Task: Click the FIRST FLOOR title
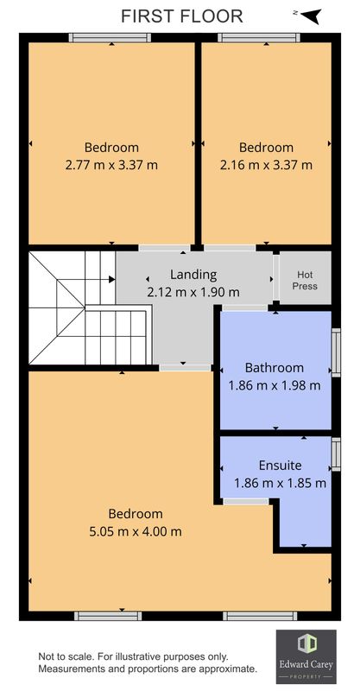pos(181,16)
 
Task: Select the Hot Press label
pos(305,280)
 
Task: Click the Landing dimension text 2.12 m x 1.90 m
pos(193,292)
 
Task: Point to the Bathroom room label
pos(275,368)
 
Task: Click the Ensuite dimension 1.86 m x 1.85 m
pos(281,483)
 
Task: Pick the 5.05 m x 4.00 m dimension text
pos(136,531)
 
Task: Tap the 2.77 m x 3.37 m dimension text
pos(111,165)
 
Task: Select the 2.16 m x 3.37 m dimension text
pos(266,165)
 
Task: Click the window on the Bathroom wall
pos(336,352)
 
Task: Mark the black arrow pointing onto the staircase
pos(112,279)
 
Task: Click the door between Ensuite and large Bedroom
pos(246,502)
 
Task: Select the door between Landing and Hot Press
pos(276,276)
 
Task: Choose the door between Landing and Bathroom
pos(244,307)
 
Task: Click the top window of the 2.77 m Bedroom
pos(111,38)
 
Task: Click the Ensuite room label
pos(281,466)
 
